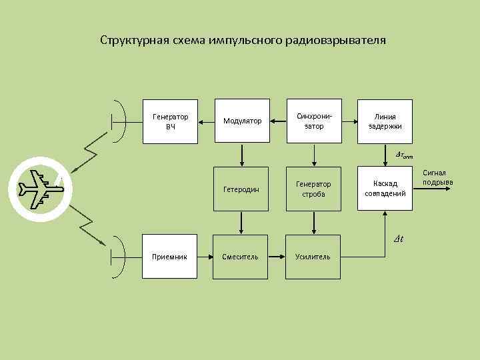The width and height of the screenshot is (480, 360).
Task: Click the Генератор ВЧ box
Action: click(170, 121)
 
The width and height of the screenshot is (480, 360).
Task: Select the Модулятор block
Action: click(241, 121)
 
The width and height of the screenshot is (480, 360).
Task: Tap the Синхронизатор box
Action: click(313, 121)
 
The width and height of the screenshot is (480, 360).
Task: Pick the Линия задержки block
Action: click(385, 121)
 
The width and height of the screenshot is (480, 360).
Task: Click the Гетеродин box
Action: click(241, 189)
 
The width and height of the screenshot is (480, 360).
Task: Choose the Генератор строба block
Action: click(313, 189)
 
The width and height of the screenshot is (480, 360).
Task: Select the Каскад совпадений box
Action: click(385, 189)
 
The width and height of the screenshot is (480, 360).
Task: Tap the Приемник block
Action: click(170, 257)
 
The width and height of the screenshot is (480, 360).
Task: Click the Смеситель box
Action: click(241, 257)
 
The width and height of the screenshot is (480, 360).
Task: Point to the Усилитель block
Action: click(313, 257)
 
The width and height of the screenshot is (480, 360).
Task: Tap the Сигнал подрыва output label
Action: click(438, 177)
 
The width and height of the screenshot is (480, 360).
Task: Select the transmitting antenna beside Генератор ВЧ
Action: click(117, 121)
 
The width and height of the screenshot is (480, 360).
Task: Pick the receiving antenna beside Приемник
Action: click(117, 257)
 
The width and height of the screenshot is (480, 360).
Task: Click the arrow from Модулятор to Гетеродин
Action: click(241, 155)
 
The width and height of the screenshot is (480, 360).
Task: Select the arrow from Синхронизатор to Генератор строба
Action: click(313, 155)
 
